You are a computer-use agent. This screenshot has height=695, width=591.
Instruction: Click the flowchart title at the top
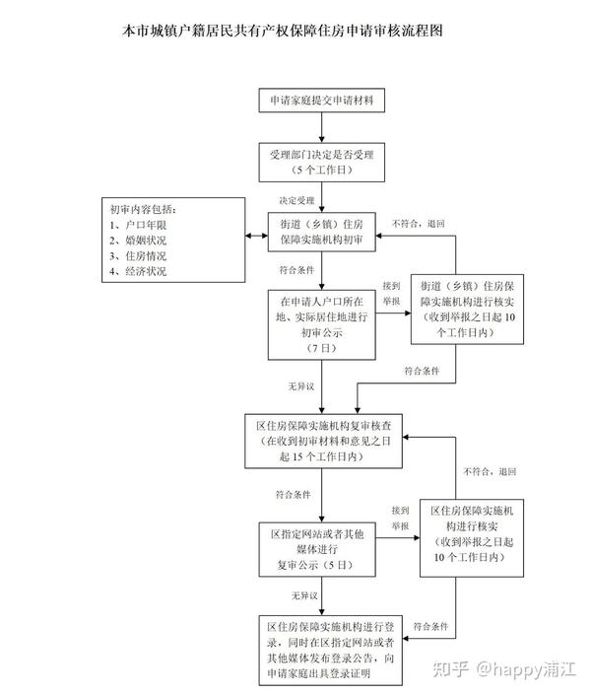[283, 31]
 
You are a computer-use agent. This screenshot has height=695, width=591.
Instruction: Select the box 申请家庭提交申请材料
[322, 101]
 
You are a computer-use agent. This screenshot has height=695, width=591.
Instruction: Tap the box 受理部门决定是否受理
[322, 163]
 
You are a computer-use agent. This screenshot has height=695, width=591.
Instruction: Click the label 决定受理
[296, 200]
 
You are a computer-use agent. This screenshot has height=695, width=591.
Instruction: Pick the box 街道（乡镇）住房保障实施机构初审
[322, 232]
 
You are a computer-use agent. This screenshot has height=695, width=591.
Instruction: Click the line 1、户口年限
[138, 225]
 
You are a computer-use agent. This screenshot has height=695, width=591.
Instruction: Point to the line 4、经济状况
[138, 271]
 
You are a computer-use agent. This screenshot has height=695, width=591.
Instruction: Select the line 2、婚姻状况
[138, 241]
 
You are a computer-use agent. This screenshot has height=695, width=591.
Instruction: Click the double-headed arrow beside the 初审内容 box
[256, 236]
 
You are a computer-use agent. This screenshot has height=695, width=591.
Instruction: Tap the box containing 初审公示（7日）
[322, 325]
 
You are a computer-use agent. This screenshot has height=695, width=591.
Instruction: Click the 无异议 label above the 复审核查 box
[301, 386]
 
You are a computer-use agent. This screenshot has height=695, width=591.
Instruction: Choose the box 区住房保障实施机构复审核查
[323, 441]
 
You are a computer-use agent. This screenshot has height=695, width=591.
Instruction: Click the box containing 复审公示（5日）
[317, 549]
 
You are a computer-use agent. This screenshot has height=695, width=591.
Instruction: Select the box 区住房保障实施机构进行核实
[472, 538]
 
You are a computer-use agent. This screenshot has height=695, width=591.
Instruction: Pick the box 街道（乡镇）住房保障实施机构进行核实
[468, 310]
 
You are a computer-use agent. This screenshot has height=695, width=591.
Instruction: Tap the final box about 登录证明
[331, 651]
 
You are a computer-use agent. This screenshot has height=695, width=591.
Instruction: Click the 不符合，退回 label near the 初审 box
[419, 224]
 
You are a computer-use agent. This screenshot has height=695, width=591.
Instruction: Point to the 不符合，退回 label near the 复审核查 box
[490, 471]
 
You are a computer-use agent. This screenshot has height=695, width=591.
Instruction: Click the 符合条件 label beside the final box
[430, 626]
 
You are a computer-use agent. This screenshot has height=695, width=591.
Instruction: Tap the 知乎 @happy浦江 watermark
[504, 668]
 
